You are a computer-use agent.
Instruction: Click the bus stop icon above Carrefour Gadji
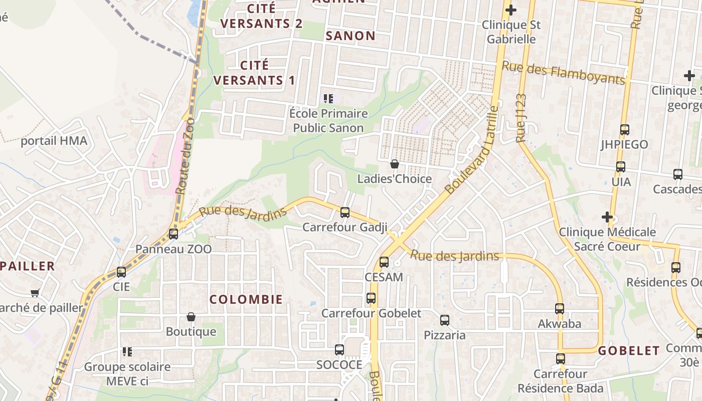(x=344, y=213)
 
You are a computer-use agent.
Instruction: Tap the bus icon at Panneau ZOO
(x=173, y=234)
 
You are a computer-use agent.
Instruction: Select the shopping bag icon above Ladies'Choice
(x=395, y=164)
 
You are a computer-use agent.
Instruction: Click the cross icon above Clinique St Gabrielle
(x=510, y=10)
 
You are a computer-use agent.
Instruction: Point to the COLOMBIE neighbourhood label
(x=246, y=299)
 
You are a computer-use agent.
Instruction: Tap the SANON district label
(x=350, y=36)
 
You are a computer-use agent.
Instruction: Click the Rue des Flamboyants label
(x=564, y=73)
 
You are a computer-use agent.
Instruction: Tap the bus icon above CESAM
(x=384, y=262)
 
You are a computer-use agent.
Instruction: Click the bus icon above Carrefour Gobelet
(x=371, y=298)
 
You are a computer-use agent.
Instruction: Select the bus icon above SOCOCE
(x=339, y=350)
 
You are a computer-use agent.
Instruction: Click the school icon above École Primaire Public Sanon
(x=328, y=98)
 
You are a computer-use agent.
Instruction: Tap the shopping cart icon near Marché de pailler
(x=35, y=293)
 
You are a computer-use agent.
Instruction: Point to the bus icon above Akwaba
(x=560, y=309)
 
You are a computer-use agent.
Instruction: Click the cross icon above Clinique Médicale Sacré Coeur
(x=607, y=217)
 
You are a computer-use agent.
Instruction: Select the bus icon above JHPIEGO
(x=625, y=130)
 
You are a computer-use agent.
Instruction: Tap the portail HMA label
(x=54, y=141)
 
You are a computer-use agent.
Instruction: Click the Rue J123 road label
(x=521, y=118)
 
